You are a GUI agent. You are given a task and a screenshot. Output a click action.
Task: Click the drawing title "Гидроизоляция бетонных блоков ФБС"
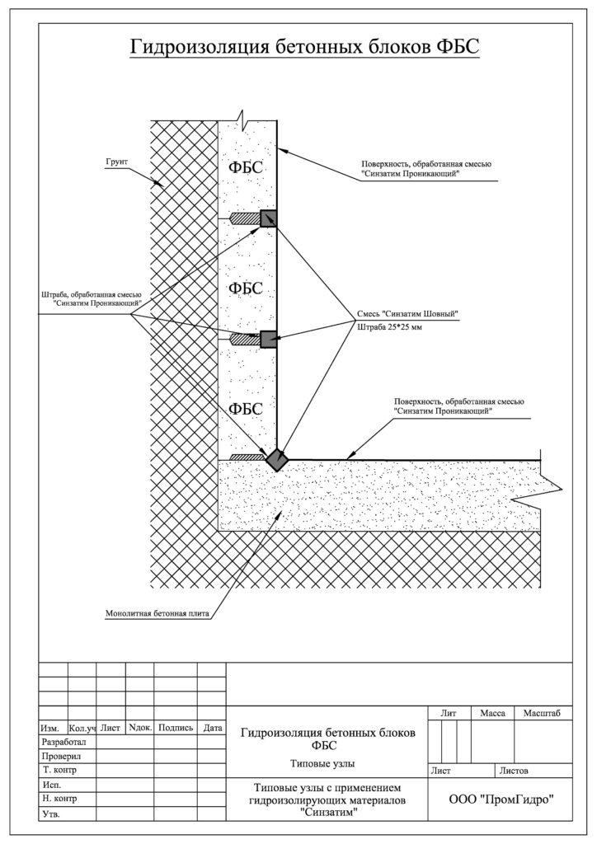click(x=304, y=47)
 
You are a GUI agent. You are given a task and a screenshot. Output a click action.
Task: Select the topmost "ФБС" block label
click(x=246, y=167)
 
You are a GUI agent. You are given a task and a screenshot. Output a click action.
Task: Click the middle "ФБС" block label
click(x=246, y=288)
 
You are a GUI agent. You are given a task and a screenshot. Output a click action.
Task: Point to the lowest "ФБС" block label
click(x=246, y=409)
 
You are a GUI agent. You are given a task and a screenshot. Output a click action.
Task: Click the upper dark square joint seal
click(x=268, y=218)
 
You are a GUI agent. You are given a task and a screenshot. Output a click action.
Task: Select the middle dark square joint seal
click(x=268, y=339)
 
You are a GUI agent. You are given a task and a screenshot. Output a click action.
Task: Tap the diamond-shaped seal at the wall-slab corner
click(x=277, y=460)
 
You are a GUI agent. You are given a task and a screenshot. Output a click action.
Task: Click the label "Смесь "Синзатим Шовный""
click(x=407, y=314)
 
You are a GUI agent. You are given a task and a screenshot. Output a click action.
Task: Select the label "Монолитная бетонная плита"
click(x=157, y=613)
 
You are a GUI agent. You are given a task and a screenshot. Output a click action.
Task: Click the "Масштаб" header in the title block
click(x=542, y=713)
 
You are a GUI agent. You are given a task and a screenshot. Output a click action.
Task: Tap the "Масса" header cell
click(x=492, y=713)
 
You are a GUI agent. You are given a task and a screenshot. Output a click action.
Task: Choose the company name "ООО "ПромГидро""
click(x=501, y=799)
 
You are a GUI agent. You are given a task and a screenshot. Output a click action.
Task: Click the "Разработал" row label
click(x=63, y=743)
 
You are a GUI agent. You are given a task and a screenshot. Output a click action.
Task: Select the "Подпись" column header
click(x=176, y=728)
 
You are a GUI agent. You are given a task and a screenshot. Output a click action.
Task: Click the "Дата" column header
click(x=213, y=729)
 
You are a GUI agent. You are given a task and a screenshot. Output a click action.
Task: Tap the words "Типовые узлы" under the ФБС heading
click(x=322, y=763)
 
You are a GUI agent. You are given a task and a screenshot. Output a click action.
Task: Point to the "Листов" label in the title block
click(x=514, y=771)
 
